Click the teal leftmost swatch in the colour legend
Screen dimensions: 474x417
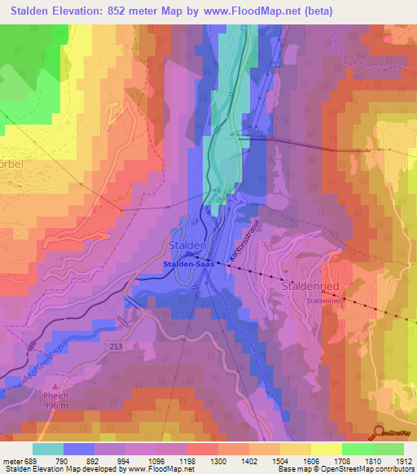click(47, 449)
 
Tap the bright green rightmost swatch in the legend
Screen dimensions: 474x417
click(388, 449)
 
